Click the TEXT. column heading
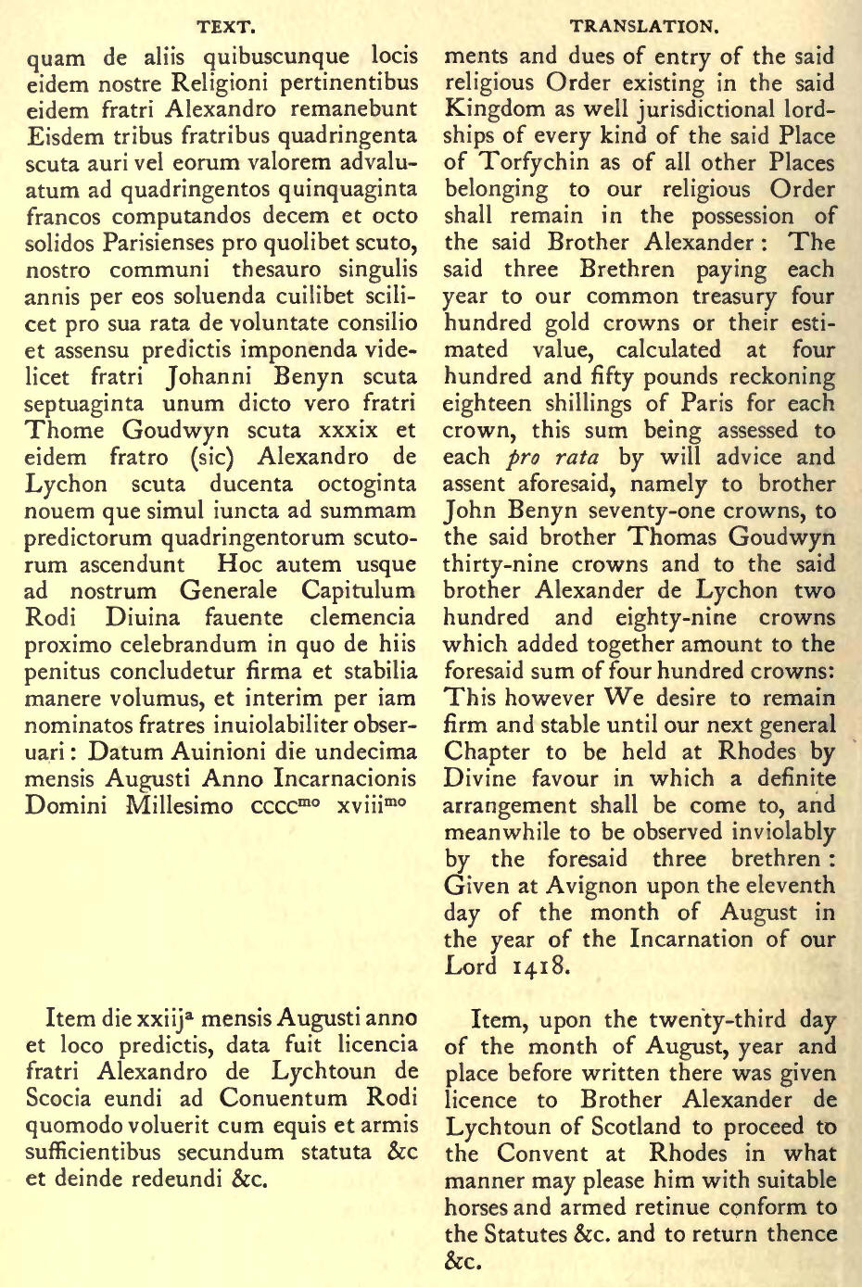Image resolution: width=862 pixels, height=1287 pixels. [x=226, y=27]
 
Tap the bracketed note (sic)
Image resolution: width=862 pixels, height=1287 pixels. [x=219, y=457]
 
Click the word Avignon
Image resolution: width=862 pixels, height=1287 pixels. [x=574, y=885]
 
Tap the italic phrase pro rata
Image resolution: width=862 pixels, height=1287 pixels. [x=554, y=458]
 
